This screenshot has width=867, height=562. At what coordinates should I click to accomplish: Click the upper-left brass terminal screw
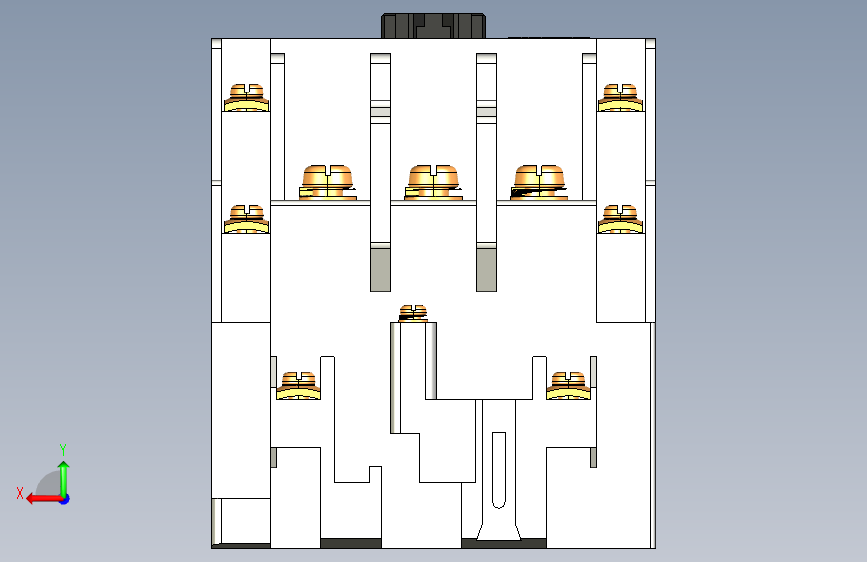click(x=246, y=98)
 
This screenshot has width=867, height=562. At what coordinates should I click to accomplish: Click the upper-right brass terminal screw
click(x=620, y=98)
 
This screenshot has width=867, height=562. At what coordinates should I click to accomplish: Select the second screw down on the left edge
click(x=246, y=219)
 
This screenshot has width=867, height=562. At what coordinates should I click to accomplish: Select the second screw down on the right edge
click(x=620, y=219)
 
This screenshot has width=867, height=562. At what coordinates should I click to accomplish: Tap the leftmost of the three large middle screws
click(x=327, y=182)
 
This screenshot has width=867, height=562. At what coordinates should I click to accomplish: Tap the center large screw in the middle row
click(x=433, y=182)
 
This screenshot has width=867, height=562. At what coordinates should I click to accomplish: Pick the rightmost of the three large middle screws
click(x=539, y=182)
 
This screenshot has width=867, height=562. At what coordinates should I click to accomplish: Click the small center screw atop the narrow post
click(x=413, y=313)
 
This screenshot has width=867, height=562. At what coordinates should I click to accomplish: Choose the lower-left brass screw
click(x=299, y=386)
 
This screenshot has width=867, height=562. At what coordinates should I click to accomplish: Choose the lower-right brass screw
click(x=568, y=386)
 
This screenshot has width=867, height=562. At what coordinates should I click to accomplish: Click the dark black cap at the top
click(x=434, y=26)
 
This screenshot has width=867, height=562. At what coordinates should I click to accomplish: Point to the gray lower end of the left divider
click(x=380, y=269)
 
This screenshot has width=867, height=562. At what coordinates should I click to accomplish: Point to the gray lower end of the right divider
click(x=487, y=269)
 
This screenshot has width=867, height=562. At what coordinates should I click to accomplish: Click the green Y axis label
click(x=63, y=450)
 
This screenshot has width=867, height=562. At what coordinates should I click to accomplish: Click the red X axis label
click(x=20, y=493)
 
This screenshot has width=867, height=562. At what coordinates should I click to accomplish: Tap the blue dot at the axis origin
click(x=65, y=499)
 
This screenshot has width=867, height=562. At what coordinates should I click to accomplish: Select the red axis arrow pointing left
click(x=45, y=499)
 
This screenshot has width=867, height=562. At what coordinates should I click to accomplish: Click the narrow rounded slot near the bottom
click(x=499, y=470)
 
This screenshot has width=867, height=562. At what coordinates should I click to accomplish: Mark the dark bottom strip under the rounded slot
click(x=504, y=544)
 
